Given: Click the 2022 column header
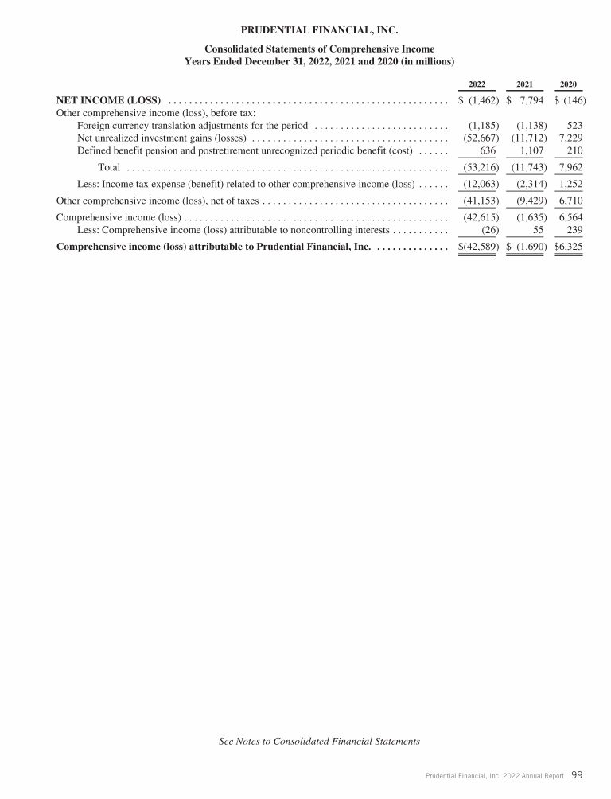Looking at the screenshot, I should [x=477, y=84].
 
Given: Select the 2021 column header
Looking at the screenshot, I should [x=525, y=84].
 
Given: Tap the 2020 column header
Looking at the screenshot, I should [x=569, y=84].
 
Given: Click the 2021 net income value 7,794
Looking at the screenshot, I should [x=531, y=100].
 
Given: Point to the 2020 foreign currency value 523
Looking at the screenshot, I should [x=573, y=126].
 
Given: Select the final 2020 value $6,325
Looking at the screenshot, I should [x=568, y=247].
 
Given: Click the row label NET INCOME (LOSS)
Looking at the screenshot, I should [x=109, y=100].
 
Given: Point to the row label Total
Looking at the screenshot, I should [x=109, y=167].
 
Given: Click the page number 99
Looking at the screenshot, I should [x=578, y=774].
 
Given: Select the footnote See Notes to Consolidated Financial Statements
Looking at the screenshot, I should [x=319, y=742].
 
